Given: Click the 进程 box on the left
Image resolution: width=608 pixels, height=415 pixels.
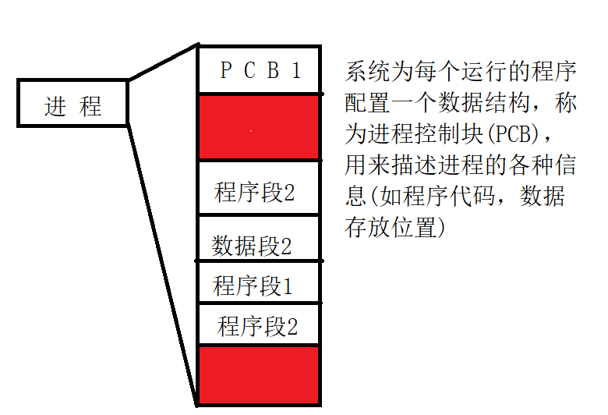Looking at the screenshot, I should point(72,103).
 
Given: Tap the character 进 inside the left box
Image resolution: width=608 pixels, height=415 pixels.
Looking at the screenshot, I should point(55,106).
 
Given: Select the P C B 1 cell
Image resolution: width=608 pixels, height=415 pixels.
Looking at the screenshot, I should point(260,71).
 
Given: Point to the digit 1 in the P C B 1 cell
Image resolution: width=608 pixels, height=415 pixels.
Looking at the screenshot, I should point(295,71).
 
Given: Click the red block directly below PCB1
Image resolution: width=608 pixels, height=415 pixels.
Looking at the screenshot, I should point(260,128).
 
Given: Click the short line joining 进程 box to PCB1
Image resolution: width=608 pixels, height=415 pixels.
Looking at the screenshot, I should point(163,62).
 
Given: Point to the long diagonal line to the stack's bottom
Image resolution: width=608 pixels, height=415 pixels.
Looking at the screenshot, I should point(162,257).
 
